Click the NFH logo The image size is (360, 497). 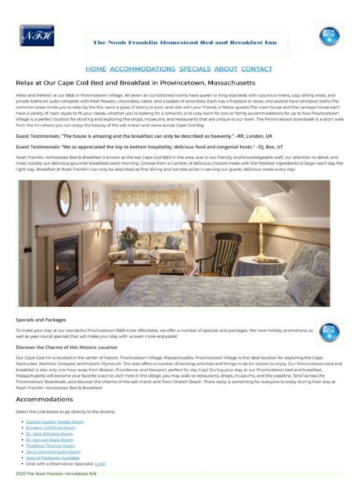pyautogui.click(x=37, y=36)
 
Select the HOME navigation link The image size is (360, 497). pyautogui.click(x=96, y=69)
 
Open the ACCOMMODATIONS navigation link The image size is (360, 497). pyautogui.click(x=143, y=69)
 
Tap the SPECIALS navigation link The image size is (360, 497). pyautogui.click(x=194, y=69)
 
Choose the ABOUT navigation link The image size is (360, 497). pyautogui.click(x=226, y=69)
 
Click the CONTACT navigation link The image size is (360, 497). pyautogui.click(x=257, y=69)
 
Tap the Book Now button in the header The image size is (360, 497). pyautogui.click(x=330, y=36)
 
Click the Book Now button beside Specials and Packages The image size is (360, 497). pyautogui.click(x=330, y=331)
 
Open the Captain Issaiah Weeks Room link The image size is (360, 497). pyautogui.click(x=54, y=422)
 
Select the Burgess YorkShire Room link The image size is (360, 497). pyautogui.click(x=51, y=428)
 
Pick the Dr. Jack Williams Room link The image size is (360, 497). pyautogui.click(x=49, y=434)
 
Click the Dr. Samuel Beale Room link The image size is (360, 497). pyautogui.click(x=49, y=440)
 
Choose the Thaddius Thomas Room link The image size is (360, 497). pyautogui.click(x=50, y=446)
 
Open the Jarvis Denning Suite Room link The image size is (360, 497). pyautogui.click(x=53, y=452)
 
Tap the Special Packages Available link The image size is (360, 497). pyautogui.click(x=52, y=458)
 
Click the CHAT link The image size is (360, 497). pyautogui.click(x=100, y=464)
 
